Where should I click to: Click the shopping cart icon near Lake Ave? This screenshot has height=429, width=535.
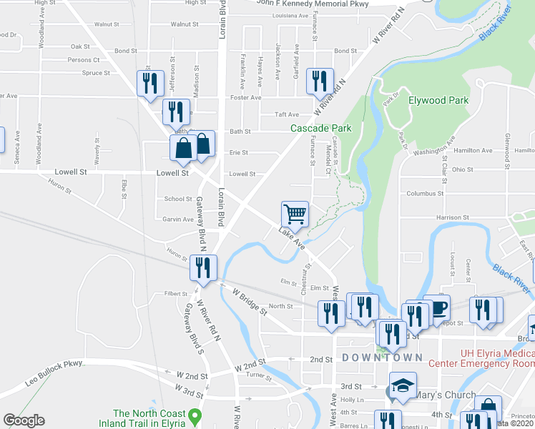tap(295, 213)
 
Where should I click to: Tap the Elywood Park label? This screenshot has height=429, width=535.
tap(438, 101)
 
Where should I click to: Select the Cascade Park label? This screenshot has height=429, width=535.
tap(320, 128)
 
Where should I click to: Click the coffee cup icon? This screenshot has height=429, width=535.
tap(437, 307)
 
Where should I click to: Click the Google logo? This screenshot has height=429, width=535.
tap(24, 420)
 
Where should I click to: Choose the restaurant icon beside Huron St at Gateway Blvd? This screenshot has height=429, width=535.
tap(202, 267)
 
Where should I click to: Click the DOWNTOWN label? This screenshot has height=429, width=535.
tap(382, 357)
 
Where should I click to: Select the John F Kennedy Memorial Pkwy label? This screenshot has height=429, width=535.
tap(313, 4)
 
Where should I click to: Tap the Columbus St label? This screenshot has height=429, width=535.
tap(425, 193)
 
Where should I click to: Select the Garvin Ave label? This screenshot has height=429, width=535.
tap(177, 220)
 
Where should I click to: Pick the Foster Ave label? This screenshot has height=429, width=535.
tap(245, 97)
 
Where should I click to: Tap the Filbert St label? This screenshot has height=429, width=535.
tap(175, 293)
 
